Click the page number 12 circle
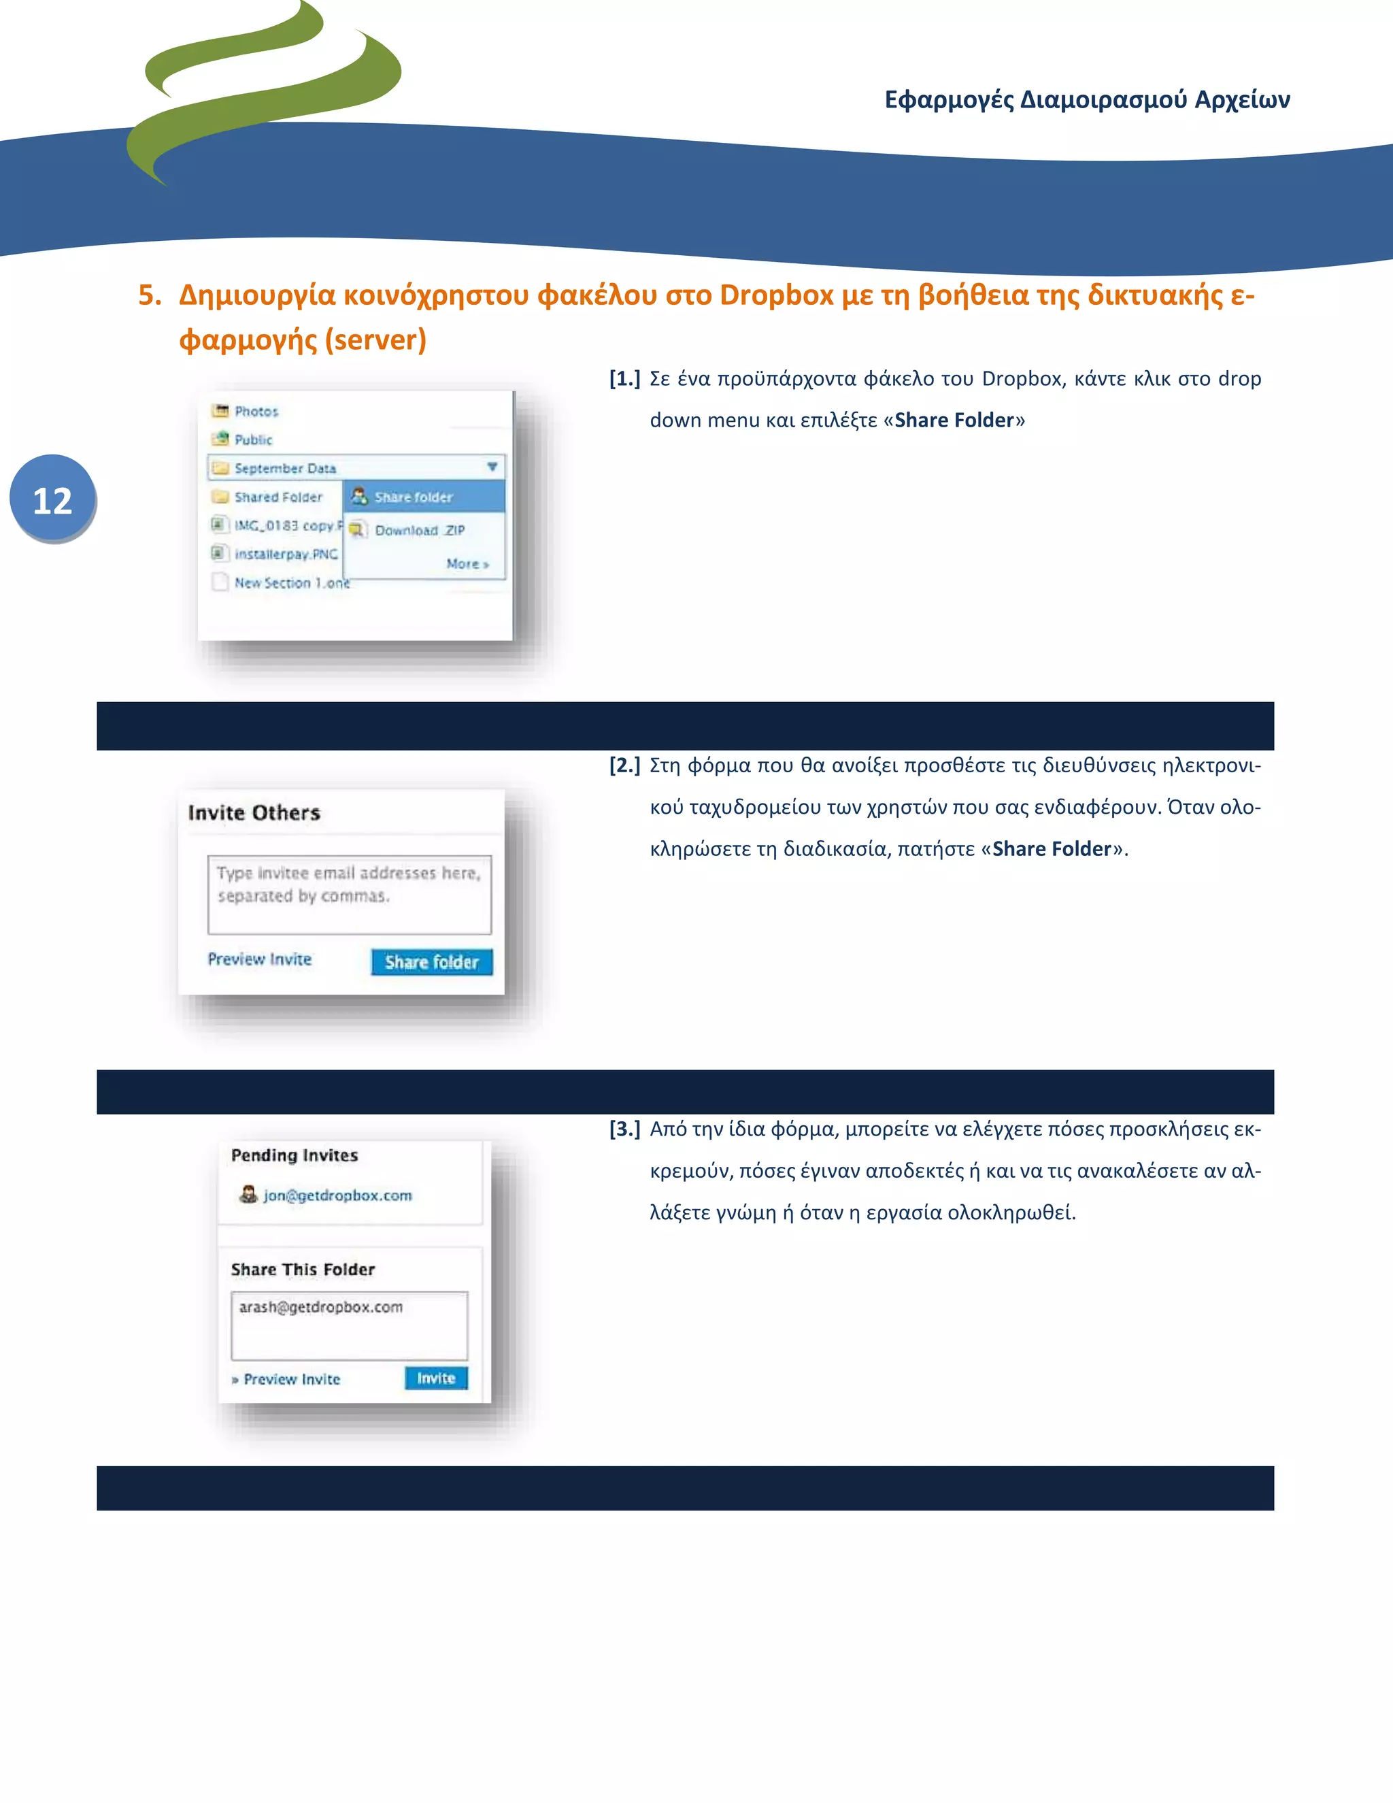(x=52, y=499)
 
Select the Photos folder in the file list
(x=256, y=411)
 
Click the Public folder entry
(x=252, y=440)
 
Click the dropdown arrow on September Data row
(x=492, y=467)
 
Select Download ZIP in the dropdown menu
(x=418, y=530)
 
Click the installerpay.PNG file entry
(x=285, y=553)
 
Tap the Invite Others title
(x=253, y=812)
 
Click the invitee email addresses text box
(x=349, y=894)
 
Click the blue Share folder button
(x=432, y=962)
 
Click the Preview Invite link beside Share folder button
(x=259, y=959)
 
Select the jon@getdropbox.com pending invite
(x=337, y=1195)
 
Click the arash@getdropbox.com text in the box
(x=321, y=1306)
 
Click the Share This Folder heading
(x=302, y=1269)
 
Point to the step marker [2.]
(x=624, y=765)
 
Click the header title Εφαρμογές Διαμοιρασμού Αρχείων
(x=1086, y=99)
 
